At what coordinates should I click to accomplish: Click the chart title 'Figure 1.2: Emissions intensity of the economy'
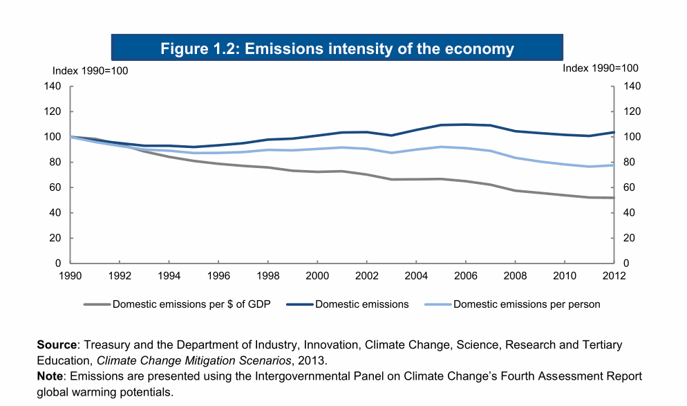pos(337,48)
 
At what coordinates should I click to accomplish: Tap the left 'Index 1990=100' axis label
pos(91,70)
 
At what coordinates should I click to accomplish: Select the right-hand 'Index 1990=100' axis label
pos(600,68)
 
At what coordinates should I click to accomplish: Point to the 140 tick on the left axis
pos(54,86)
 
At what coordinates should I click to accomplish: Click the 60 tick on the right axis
pos(632,187)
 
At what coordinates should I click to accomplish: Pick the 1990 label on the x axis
pos(70,276)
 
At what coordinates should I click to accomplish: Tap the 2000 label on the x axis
pos(317,276)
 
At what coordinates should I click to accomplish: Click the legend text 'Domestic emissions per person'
pos(527,304)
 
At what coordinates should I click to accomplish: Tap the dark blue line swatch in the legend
pos(295,304)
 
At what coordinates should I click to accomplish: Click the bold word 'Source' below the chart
pos(56,344)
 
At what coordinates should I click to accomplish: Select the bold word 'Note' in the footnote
pos(50,376)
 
